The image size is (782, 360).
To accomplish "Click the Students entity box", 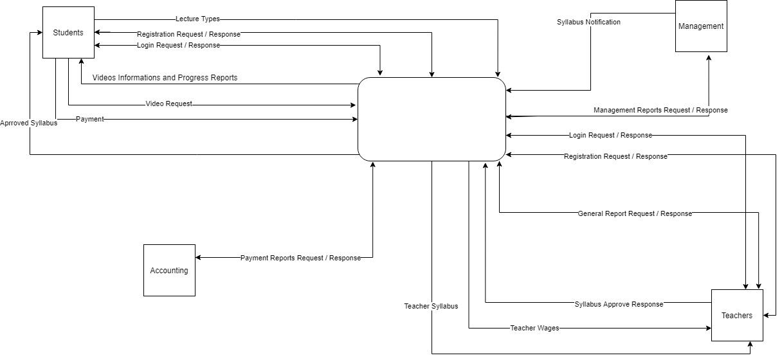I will [x=68, y=33].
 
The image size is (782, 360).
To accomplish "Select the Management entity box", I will [x=701, y=26].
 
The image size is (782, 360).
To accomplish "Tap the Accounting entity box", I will [x=169, y=271].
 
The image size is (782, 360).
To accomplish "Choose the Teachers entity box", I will [x=737, y=316].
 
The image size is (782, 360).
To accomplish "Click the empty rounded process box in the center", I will [x=432, y=119].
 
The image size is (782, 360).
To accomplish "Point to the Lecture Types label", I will [x=197, y=19].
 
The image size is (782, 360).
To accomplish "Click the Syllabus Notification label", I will [x=588, y=22].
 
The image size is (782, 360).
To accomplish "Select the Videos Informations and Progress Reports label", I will [x=165, y=78].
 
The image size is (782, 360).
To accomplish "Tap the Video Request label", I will [x=168, y=104].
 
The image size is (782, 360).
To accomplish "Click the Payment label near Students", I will [x=89, y=119].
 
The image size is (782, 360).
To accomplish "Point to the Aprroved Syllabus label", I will [x=29, y=123].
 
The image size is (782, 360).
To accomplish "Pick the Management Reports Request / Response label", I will [x=660, y=110].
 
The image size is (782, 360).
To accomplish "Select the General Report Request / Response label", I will [x=635, y=213].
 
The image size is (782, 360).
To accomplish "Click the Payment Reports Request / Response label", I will [x=300, y=258].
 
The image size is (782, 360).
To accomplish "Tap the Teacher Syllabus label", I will [x=431, y=306].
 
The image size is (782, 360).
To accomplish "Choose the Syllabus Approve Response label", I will [x=619, y=304].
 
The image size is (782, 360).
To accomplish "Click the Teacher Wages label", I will [x=534, y=328].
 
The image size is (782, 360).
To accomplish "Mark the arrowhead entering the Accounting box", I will [x=199, y=258].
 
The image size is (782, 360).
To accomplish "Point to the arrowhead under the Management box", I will [x=709, y=57].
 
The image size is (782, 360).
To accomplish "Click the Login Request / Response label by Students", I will [x=178, y=46].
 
